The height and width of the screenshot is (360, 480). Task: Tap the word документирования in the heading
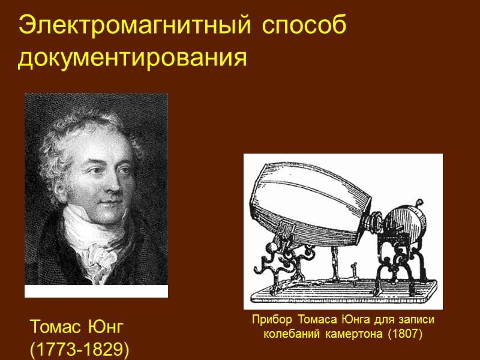[x=133, y=59]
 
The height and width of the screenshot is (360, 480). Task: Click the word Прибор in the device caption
[x=270, y=320]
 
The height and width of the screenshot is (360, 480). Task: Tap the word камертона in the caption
[x=353, y=334]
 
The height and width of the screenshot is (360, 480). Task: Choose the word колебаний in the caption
[x=291, y=334]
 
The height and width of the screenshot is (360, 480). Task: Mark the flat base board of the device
[x=342, y=294]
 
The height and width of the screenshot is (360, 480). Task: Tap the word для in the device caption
[x=385, y=320]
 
